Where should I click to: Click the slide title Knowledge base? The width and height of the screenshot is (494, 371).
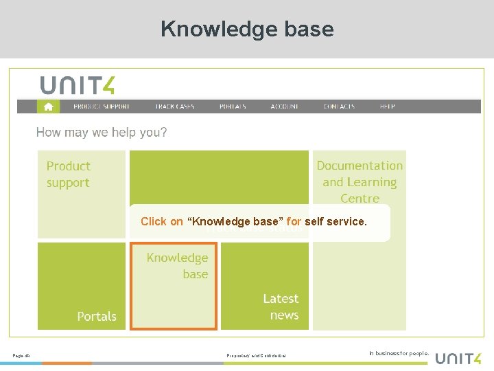[247, 29]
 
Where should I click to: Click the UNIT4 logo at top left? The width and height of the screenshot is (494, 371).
[78, 85]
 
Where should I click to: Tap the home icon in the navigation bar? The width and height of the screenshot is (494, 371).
[48, 106]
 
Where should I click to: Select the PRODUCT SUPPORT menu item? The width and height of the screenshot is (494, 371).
[102, 106]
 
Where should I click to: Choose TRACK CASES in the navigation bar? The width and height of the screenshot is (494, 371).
[175, 106]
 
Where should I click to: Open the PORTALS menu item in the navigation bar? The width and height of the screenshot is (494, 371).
[233, 106]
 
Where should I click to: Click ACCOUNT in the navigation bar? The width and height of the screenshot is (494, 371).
[285, 106]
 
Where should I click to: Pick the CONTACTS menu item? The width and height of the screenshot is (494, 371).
[340, 106]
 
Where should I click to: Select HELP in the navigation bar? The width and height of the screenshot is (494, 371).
[388, 106]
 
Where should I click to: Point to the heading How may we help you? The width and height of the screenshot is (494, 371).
[102, 133]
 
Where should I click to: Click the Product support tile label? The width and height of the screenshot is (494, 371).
[68, 175]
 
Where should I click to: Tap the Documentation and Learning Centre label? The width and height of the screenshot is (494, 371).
[360, 182]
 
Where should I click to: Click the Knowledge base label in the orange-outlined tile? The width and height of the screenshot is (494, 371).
[178, 266]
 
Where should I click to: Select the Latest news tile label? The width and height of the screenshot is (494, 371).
[281, 307]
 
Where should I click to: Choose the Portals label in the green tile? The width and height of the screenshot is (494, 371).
[97, 317]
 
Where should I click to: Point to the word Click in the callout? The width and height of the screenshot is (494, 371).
[153, 222]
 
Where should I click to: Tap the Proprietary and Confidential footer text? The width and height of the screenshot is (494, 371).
[256, 355]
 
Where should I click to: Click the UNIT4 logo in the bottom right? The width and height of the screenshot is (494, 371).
[458, 357]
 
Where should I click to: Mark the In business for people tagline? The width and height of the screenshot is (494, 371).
[399, 354]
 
